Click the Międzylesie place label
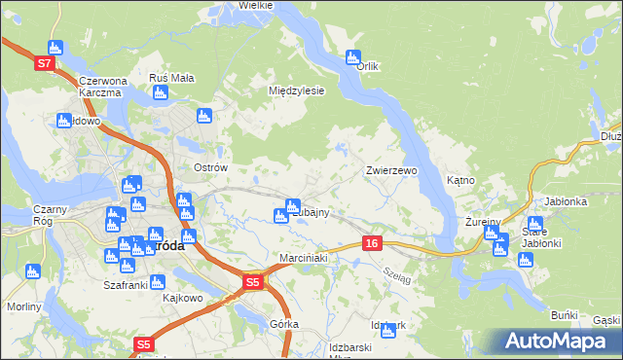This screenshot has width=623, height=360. pos(296,90)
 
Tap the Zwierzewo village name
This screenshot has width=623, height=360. pos(391,170)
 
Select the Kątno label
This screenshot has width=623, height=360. pos(460,180)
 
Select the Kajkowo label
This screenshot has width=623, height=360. pos(182,297)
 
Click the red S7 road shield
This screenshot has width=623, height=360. pos(44,63)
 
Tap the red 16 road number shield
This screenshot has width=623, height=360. pos(373,242)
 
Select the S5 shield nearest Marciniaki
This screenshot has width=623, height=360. pos(252,282)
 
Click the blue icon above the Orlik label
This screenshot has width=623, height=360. pos(352,57)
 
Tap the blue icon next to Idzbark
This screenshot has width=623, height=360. pos(388,332)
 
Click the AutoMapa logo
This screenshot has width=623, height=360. pos(555,342)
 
